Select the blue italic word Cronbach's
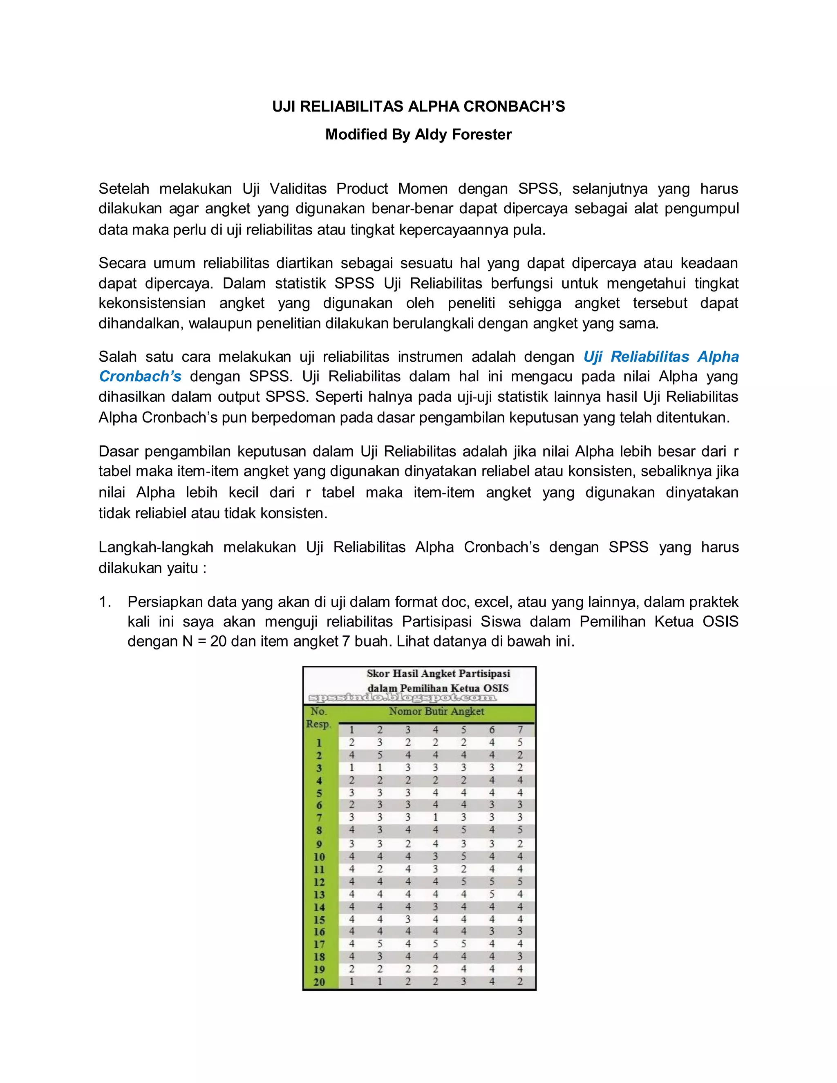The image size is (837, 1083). click(140, 376)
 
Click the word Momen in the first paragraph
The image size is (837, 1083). click(423, 188)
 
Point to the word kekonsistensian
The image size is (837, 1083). click(152, 303)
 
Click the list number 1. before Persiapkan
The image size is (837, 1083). click(105, 602)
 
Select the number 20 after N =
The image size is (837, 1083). click(218, 642)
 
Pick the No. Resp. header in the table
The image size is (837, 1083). click(318, 718)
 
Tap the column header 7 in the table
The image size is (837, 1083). click(520, 729)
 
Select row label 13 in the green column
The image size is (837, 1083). click(319, 895)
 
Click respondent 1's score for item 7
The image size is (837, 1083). click(520, 742)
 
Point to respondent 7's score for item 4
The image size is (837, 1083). click(435, 818)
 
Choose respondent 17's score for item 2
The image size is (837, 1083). click(379, 944)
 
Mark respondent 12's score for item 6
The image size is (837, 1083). click(491, 882)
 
